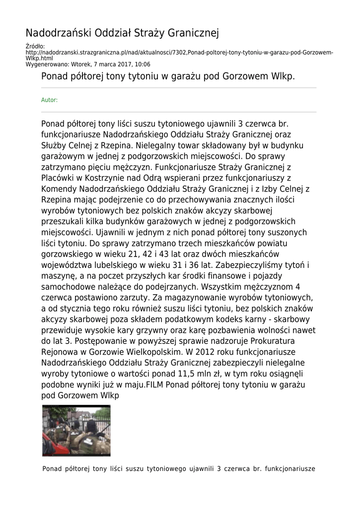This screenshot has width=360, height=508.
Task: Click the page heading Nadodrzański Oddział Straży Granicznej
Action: point(122,33)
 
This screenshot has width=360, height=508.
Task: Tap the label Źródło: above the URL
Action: point(35,47)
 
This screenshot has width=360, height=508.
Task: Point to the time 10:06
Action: point(143,64)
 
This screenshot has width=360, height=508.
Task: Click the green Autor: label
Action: point(49,100)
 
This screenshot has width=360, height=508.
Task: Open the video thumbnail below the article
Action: point(76,430)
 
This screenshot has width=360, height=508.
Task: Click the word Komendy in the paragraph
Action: point(58,189)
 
